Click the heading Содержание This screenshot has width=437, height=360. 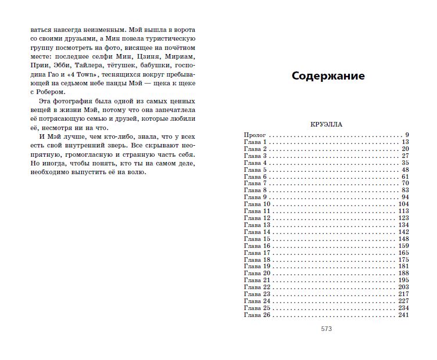(328, 76)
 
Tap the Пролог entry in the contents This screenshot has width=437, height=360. (255, 135)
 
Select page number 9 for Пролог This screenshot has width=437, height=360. (407, 135)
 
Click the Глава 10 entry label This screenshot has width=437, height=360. (257, 204)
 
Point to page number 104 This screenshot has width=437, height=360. (404, 204)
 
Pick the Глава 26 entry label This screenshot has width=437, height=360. (257, 315)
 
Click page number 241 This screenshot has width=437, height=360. (404, 315)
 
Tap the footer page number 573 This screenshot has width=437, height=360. (326, 329)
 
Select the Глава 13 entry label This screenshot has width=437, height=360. (257, 225)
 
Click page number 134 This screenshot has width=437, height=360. (404, 225)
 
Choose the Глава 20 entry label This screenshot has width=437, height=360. (257, 273)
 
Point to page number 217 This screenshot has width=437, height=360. (404, 294)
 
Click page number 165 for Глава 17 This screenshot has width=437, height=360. (404, 253)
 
